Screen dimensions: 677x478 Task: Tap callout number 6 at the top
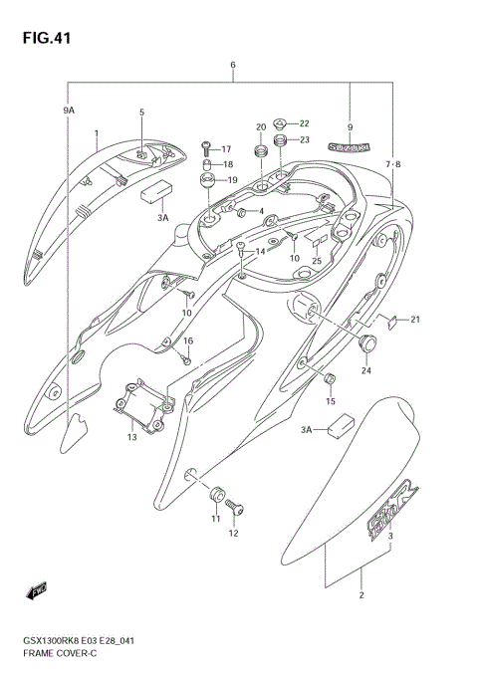click(x=232, y=67)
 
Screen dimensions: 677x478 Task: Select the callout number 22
click(x=305, y=123)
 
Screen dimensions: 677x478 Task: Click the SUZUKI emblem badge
click(x=350, y=144)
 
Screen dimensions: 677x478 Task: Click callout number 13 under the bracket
click(x=132, y=437)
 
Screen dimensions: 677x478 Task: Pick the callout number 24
click(x=366, y=371)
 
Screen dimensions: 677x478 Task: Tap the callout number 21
click(x=416, y=319)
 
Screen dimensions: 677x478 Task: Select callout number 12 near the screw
click(x=235, y=534)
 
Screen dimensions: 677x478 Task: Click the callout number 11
click(x=214, y=519)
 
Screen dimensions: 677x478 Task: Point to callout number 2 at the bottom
click(x=361, y=595)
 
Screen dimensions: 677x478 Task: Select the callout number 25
click(x=317, y=261)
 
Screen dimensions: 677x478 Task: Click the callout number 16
click(x=188, y=341)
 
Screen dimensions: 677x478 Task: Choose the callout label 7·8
click(x=395, y=162)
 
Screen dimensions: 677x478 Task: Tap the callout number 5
click(x=141, y=113)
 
